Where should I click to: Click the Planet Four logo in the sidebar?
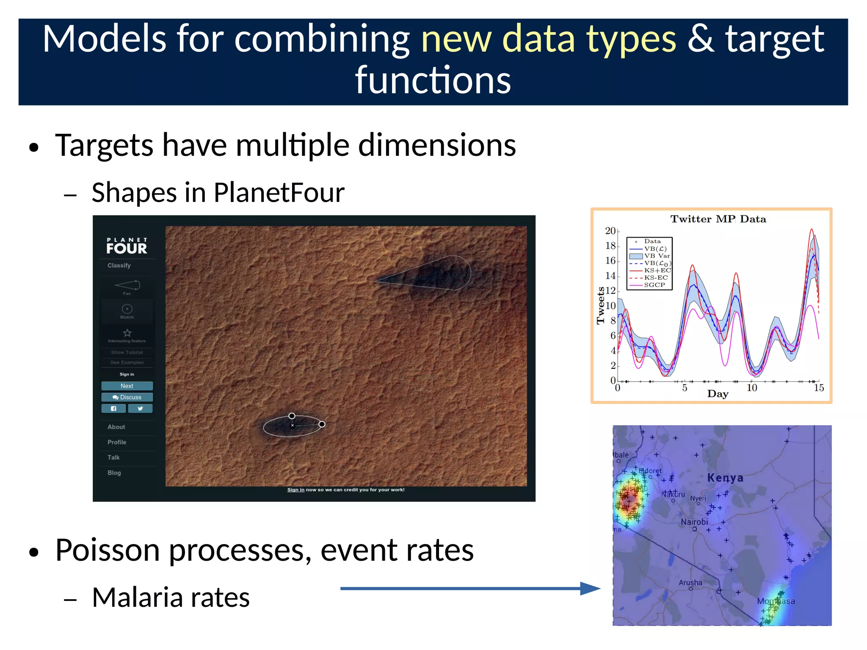click(127, 246)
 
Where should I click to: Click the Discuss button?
click(127, 397)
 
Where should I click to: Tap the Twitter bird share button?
click(140, 409)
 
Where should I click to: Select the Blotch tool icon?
click(127, 309)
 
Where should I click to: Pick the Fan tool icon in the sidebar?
click(127, 285)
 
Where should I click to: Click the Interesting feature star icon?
click(127, 333)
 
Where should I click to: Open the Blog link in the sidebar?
click(114, 473)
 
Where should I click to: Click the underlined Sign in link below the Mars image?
click(295, 490)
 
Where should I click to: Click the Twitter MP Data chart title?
click(718, 219)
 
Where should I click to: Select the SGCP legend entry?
click(654, 285)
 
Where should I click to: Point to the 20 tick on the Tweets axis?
click(610, 231)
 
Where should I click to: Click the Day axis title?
click(718, 394)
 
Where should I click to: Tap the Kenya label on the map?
click(725, 478)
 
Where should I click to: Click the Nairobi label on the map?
click(694, 522)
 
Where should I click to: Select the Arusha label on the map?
click(690, 583)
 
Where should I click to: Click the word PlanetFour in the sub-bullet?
click(279, 193)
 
